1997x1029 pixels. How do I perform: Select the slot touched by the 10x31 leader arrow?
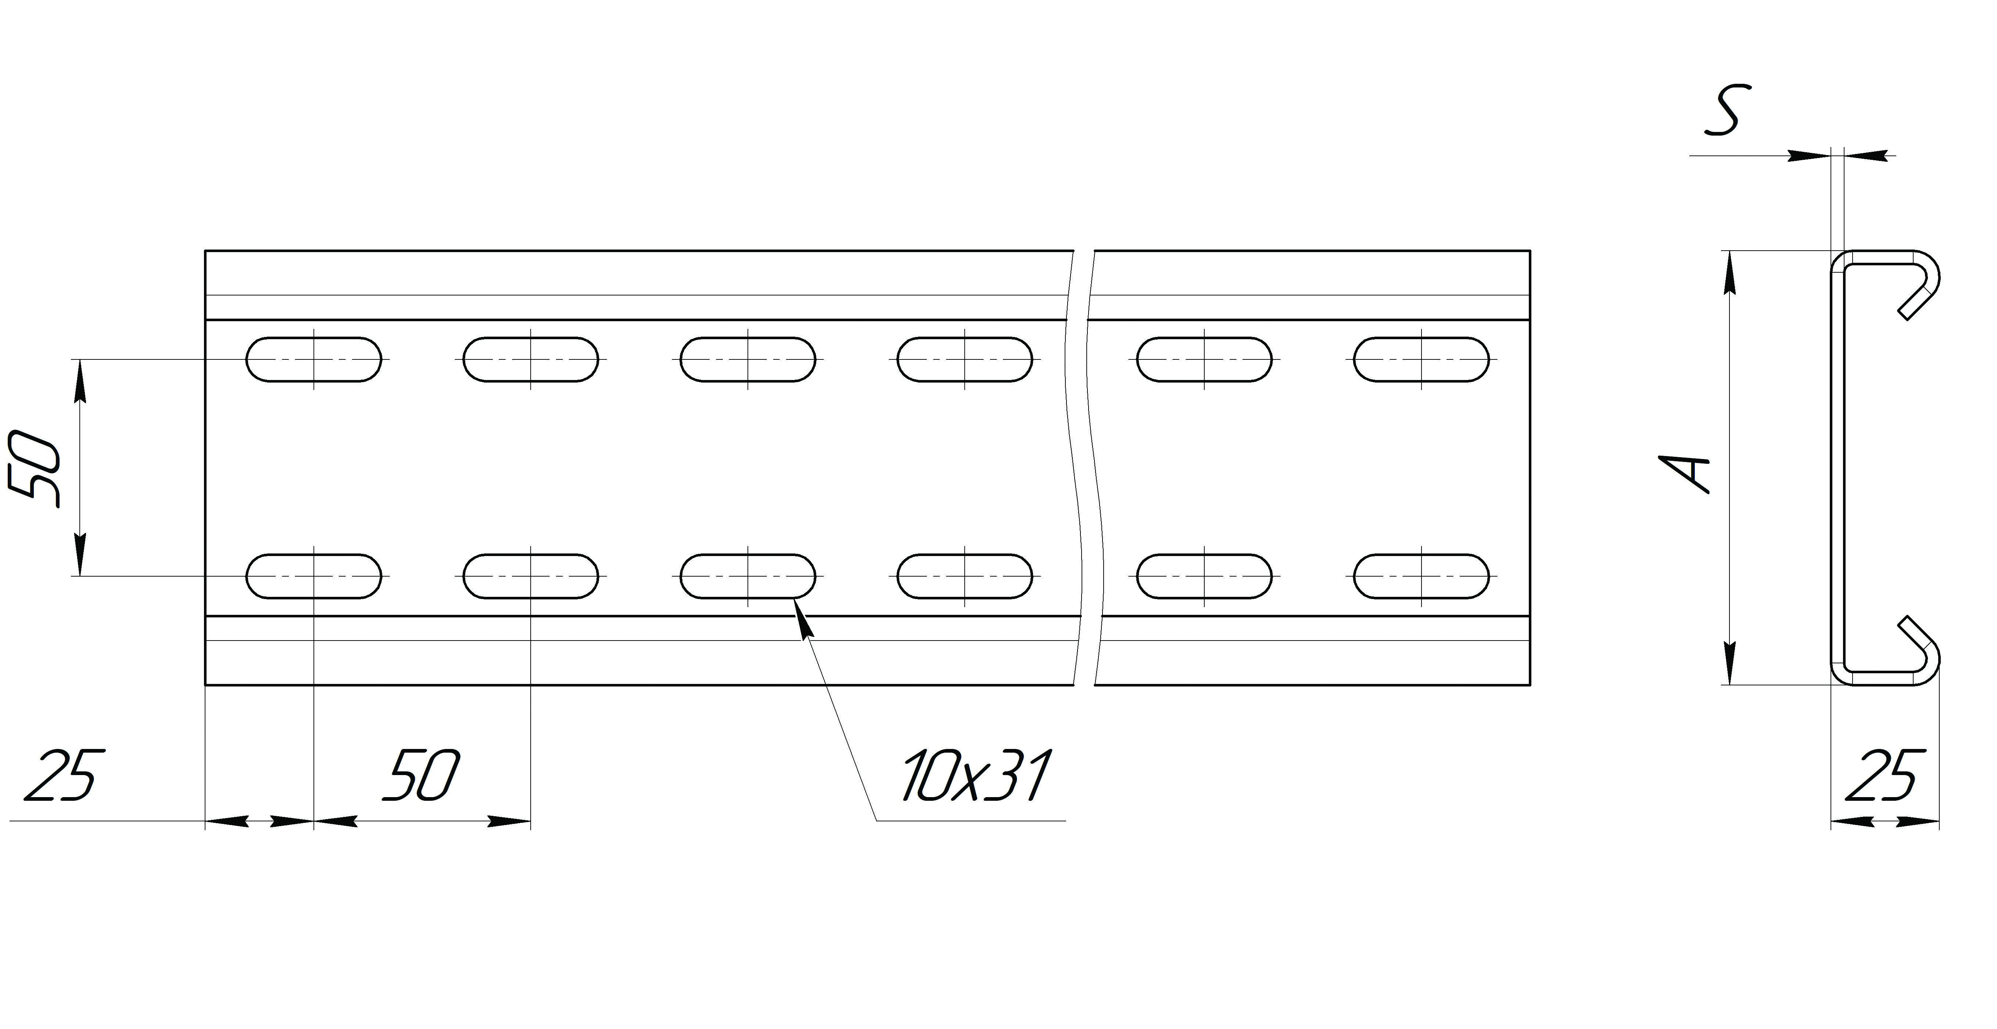748,576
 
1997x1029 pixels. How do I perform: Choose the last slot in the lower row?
1422,576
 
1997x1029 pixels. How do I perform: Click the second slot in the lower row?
531,576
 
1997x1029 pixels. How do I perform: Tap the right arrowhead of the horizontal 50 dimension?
509,821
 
